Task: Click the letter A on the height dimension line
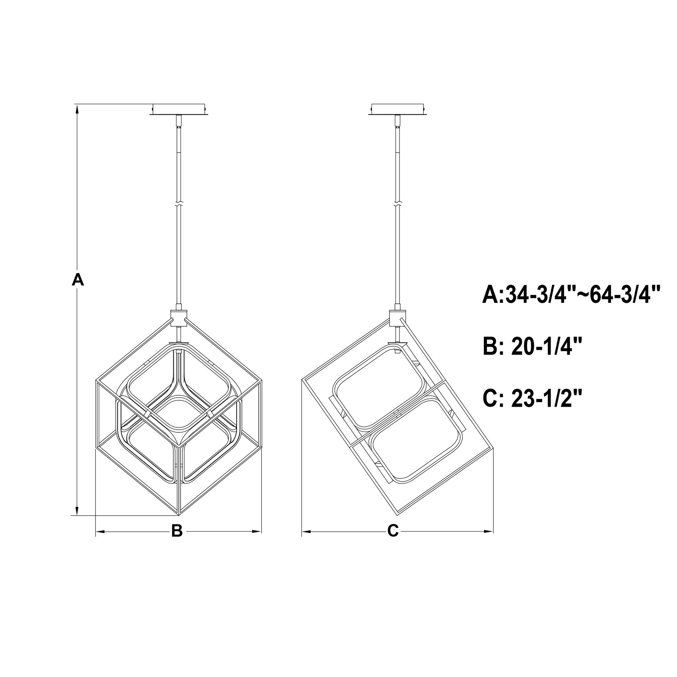pyautogui.click(x=78, y=279)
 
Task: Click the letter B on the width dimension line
pyautogui.click(x=177, y=531)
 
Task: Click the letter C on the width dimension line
pyautogui.click(x=393, y=531)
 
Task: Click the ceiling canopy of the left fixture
pyautogui.click(x=180, y=110)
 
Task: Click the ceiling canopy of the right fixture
pyautogui.click(x=398, y=110)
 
